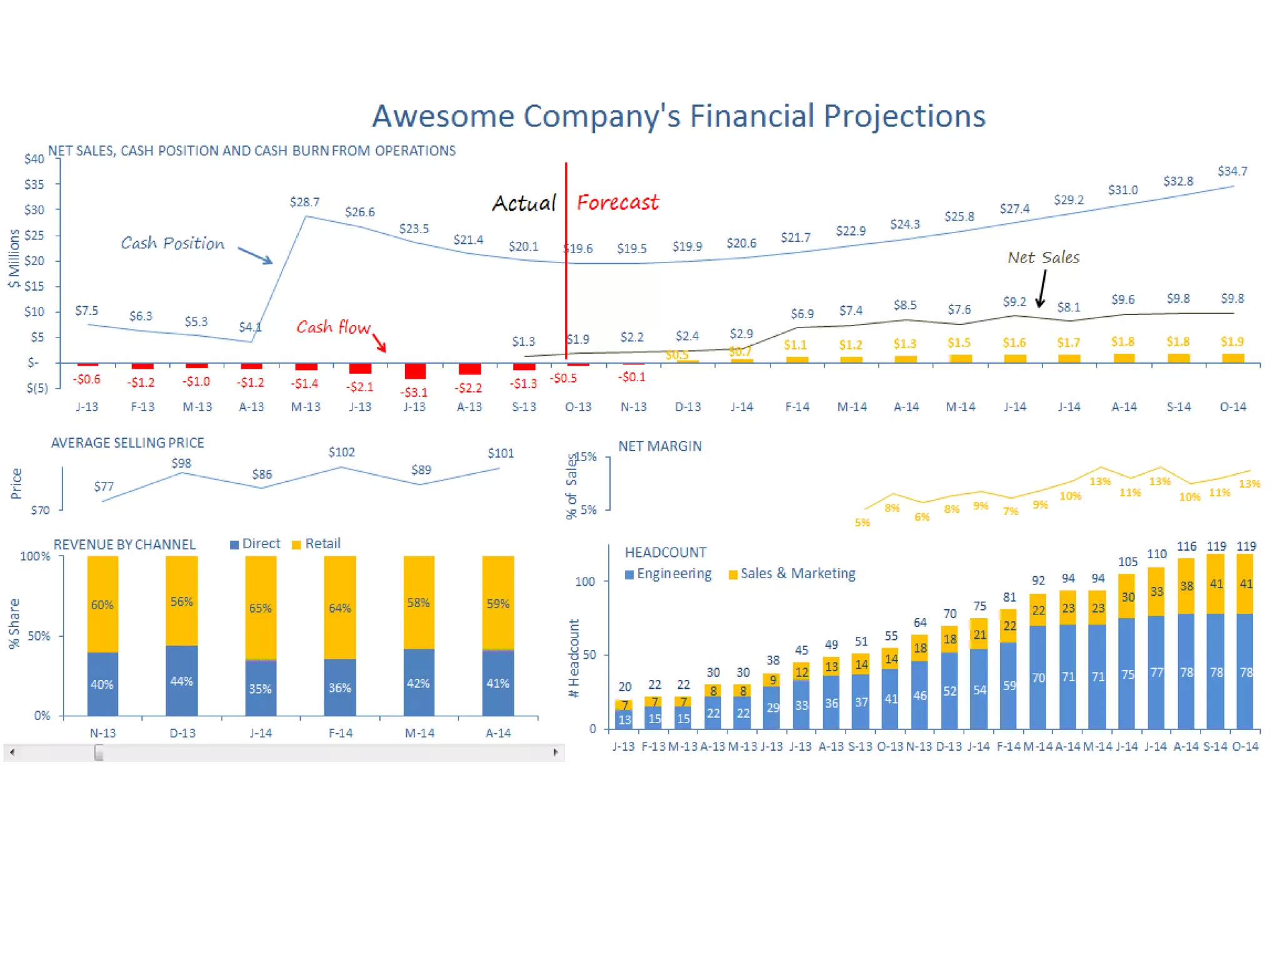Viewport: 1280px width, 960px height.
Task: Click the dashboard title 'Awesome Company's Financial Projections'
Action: (x=678, y=116)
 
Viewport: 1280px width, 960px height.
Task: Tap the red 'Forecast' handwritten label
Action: (x=617, y=202)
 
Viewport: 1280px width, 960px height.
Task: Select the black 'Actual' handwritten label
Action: (x=524, y=203)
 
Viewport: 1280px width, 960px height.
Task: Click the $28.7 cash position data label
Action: (x=304, y=202)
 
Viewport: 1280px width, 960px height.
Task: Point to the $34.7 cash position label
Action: (x=1232, y=171)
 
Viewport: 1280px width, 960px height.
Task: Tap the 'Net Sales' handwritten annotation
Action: (x=1043, y=257)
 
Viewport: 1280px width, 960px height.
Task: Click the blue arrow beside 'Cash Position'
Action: (x=255, y=255)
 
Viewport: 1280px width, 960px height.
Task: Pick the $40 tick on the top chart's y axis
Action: (x=34, y=159)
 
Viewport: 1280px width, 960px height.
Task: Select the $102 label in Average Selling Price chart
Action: (x=341, y=452)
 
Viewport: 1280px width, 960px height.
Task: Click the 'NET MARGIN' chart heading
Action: (x=660, y=446)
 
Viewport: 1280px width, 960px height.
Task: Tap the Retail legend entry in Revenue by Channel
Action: (x=316, y=544)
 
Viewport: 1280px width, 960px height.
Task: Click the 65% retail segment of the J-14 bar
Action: (x=261, y=607)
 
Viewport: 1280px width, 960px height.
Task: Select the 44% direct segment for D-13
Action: (x=182, y=681)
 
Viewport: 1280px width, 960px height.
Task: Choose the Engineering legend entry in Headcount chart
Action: (x=667, y=574)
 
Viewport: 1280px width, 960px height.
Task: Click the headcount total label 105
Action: (x=1127, y=562)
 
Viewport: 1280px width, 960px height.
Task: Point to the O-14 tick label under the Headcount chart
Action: (x=1245, y=746)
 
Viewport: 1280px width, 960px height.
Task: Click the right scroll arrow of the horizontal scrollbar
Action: (x=556, y=752)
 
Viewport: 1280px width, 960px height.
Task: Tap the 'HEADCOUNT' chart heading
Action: (x=665, y=552)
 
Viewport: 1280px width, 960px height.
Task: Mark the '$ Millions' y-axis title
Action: (x=14, y=259)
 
